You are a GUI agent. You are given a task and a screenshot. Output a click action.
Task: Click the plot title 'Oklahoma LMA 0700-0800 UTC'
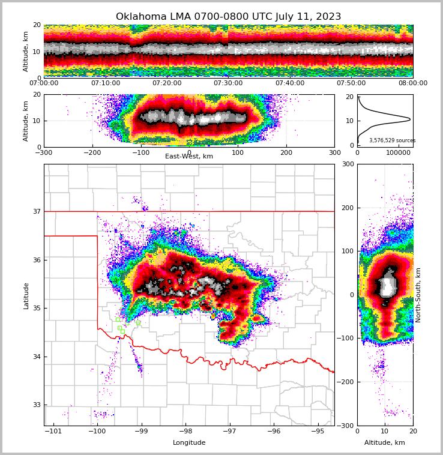click(228, 17)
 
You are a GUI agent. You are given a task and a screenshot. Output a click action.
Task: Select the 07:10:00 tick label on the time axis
click(106, 83)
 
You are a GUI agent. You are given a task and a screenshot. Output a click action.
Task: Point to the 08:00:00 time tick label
click(412, 83)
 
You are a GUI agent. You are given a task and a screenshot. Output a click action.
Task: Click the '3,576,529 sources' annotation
click(392, 140)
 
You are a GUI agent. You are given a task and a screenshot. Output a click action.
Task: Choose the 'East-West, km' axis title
click(189, 157)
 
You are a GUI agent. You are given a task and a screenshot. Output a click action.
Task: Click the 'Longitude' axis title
click(189, 443)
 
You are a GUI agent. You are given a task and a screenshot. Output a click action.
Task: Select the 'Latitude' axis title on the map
click(26, 295)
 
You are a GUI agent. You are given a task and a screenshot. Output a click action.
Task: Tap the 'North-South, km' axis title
click(418, 295)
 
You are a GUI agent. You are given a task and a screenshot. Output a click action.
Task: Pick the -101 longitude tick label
click(53, 431)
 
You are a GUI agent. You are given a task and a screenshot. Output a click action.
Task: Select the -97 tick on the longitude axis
click(229, 431)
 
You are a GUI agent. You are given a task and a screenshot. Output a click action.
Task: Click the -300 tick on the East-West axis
click(44, 152)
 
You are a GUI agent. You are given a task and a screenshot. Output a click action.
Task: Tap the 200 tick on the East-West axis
click(286, 152)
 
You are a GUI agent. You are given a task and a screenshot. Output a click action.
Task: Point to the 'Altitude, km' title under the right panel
click(385, 443)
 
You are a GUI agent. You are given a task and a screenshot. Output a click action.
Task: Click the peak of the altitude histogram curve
click(410, 119)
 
